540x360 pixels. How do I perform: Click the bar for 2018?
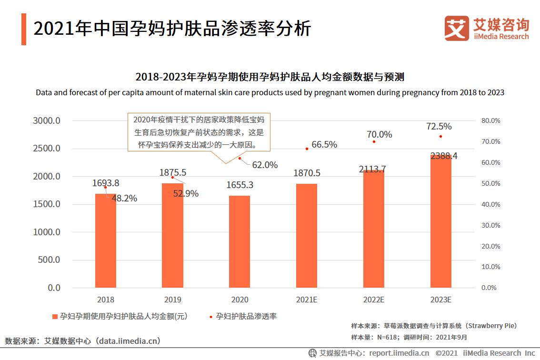pos(105,240)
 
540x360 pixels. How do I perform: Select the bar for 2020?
pos(240,241)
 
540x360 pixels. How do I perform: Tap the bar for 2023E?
pos(440,221)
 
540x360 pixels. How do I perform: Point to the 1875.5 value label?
pos(173,172)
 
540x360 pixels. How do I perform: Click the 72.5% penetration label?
pos(439,127)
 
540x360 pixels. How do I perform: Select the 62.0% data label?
pos(265,165)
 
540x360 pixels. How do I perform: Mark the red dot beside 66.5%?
pos(307,149)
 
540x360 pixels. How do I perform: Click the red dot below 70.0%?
pos(374,141)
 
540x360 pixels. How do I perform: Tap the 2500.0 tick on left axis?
pos(47,149)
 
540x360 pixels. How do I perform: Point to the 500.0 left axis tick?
pos(49,260)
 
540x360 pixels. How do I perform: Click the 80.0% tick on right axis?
pos(490,121)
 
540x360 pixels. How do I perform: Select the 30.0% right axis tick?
pos(490,225)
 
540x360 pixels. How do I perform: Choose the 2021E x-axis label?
pos(307,300)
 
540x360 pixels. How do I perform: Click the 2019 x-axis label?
pos(172,300)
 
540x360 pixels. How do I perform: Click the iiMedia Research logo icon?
pos(456,28)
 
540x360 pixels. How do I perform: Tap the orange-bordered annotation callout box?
pos(198,132)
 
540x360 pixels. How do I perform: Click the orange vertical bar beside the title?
pos(24,30)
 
